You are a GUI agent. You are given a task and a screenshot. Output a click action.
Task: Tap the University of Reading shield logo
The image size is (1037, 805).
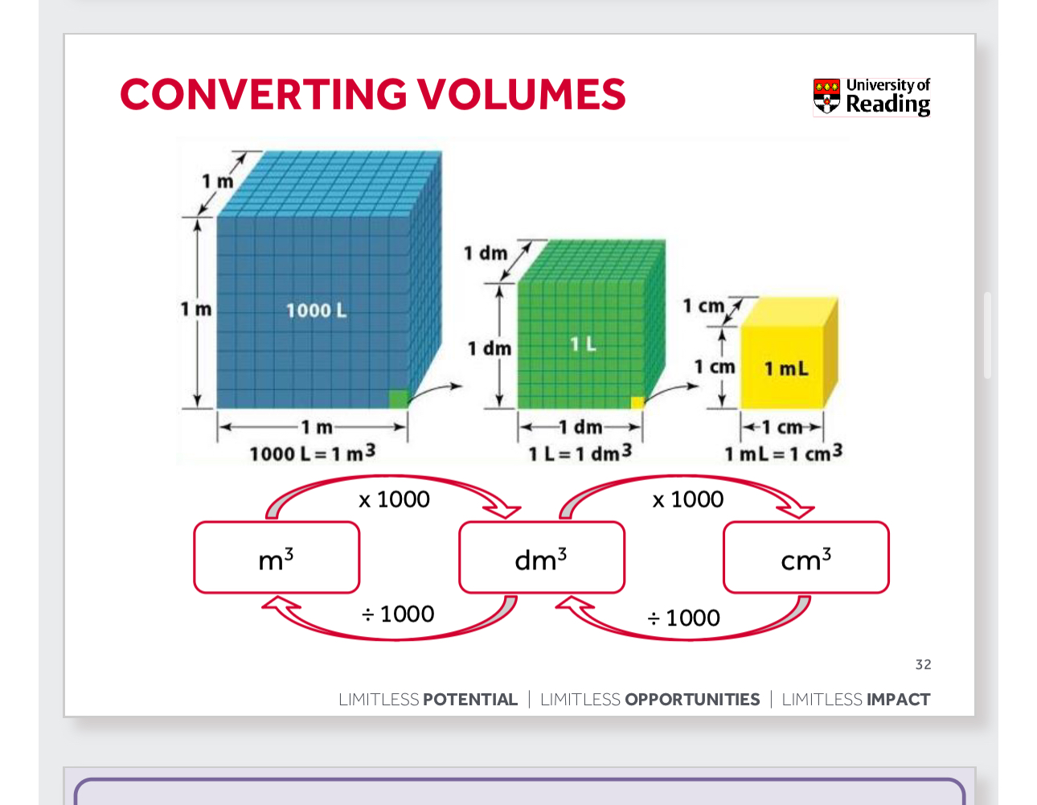point(826,96)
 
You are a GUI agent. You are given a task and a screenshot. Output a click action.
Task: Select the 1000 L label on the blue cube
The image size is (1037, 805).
point(317,310)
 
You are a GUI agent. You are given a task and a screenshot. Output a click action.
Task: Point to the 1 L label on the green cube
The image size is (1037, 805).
point(584,344)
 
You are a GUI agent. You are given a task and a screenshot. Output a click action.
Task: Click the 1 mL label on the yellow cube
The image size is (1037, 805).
point(786,369)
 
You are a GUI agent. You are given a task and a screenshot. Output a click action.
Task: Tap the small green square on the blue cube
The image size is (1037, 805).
point(398,399)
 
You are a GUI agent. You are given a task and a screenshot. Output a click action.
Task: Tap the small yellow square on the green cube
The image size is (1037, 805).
point(637,402)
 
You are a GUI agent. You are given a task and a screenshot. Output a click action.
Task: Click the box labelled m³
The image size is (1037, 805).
point(277,557)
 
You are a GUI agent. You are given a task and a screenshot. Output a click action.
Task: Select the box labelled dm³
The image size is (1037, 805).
point(541,557)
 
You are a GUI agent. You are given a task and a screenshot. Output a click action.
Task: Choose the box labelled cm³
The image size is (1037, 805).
point(806,557)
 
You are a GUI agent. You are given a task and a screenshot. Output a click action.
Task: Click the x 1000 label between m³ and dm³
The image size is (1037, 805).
point(394,499)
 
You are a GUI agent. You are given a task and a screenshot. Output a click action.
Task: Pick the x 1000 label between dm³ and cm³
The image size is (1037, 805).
point(688,499)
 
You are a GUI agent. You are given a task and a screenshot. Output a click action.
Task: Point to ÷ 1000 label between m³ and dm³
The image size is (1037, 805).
point(398,614)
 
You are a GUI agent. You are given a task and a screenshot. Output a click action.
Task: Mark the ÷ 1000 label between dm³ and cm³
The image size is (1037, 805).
point(684,618)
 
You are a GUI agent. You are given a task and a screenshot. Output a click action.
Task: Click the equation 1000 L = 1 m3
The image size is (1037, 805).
point(312,454)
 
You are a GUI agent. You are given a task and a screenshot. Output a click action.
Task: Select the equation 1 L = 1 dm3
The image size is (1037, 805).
point(580,454)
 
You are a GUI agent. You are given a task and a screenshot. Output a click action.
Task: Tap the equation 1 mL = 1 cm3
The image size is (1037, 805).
point(783,454)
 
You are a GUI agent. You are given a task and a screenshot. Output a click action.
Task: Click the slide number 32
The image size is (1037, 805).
point(923,664)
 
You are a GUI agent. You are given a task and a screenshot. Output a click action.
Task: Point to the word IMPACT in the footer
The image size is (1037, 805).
point(898,700)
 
